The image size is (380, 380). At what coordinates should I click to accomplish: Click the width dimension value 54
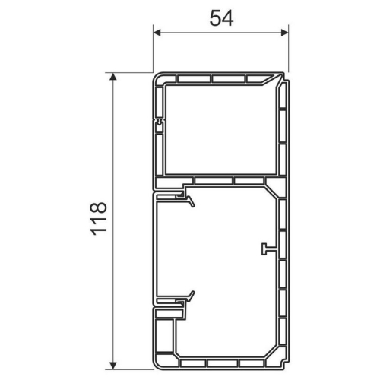pos(221,19)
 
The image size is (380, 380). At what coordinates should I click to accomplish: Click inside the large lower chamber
pos(217,251)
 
